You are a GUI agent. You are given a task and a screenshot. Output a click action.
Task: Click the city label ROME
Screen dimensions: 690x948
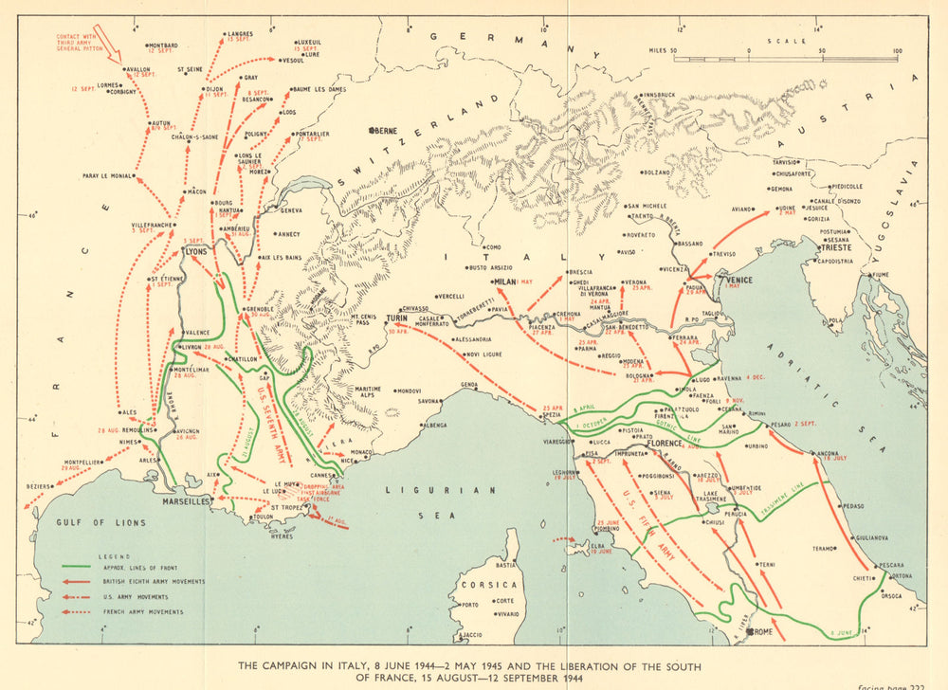pyautogui.click(x=765, y=630)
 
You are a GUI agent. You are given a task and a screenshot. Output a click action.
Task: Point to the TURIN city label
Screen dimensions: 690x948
pyautogui.click(x=396, y=318)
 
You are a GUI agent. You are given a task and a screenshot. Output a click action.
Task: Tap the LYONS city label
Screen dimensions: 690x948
pyautogui.click(x=194, y=251)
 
